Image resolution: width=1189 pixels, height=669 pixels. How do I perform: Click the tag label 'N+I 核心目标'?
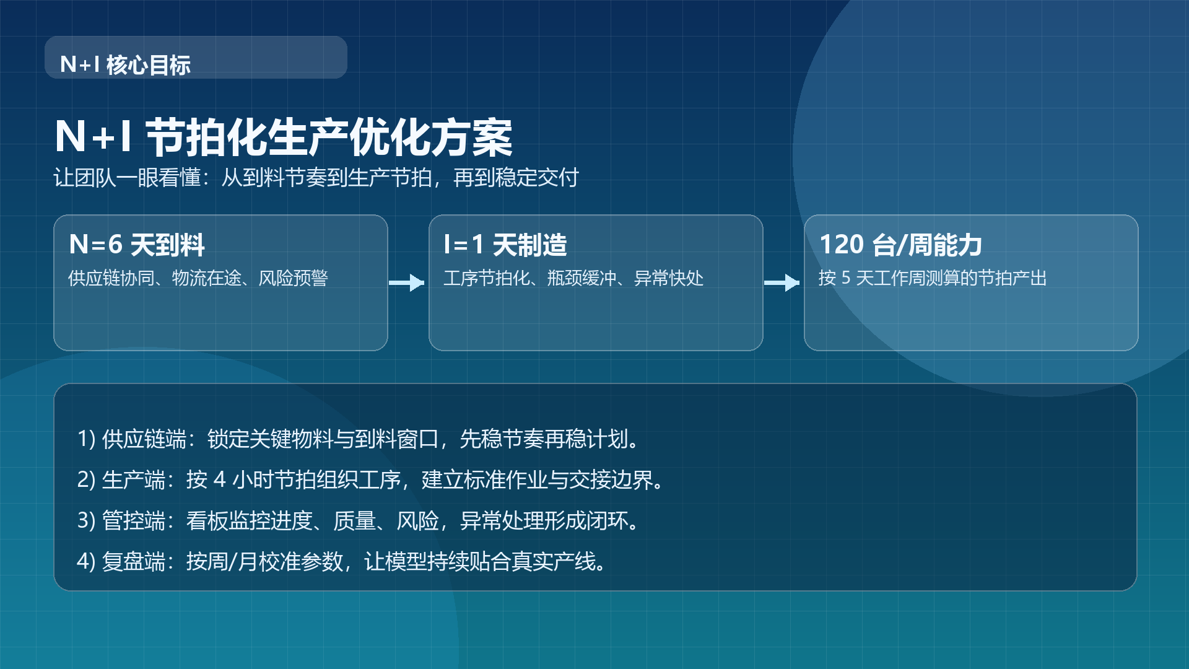[x=126, y=64]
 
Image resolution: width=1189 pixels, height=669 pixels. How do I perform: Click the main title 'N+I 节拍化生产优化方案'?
[x=284, y=138]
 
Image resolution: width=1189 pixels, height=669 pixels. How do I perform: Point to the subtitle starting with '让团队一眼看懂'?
[x=316, y=178]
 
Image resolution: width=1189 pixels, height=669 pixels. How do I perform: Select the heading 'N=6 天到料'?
[x=137, y=245]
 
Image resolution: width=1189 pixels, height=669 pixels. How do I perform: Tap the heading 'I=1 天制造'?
[x=505, y=245]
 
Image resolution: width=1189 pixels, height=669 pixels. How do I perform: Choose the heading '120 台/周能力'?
[x=900, y=245]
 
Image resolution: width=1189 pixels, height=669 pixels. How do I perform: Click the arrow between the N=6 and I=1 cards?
[x=407, y=282]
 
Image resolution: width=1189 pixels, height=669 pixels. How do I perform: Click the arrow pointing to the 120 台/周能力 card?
[x=783, y=282]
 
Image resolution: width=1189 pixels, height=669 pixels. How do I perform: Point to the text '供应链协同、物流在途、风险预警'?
[x=198, y=278]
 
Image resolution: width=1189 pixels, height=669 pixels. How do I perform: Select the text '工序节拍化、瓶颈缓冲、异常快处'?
[x=573, y=278]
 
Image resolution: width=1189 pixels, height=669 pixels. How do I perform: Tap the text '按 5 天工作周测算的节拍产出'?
[x=933, y=278]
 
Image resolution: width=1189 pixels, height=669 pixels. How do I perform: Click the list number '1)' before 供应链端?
[x=86, y=439]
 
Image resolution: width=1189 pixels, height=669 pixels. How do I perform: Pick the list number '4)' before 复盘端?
[x=86, y=562]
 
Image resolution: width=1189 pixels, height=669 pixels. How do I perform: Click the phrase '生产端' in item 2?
[x=133, y=480]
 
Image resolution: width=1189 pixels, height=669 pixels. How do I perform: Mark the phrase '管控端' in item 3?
[x=133, y=521]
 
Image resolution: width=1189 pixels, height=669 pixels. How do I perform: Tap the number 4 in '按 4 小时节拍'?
[x=219, y=480]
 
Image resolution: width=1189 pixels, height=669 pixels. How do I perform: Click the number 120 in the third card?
[x=842, y=245]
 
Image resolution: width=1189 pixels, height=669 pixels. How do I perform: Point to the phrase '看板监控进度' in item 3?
[x=249, y=521]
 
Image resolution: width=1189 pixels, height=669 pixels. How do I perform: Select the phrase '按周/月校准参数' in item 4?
[x=264, y=562]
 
